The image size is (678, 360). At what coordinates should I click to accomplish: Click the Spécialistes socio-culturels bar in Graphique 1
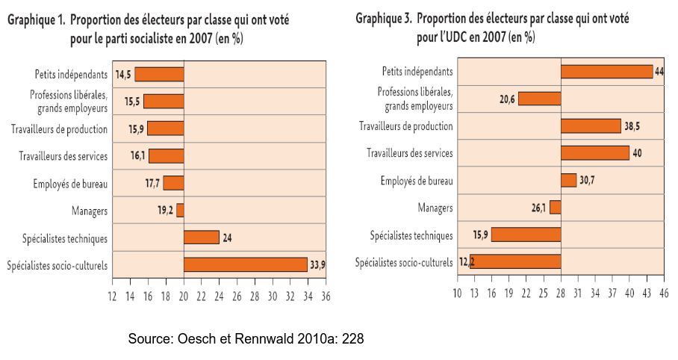[x=245, y=264]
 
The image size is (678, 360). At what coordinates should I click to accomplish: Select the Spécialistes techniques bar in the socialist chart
[x=201, y=238]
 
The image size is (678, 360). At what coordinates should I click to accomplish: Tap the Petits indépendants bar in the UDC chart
[x=606, y=71]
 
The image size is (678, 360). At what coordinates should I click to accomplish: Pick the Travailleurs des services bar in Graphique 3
[x=594, y=153]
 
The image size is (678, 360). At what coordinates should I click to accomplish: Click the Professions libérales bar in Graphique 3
[x=539, y=99]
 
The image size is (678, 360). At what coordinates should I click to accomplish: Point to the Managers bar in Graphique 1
[x=180, y=211]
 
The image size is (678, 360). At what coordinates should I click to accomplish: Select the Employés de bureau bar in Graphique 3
[x=568, y=180]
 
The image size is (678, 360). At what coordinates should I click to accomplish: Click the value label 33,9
[x=317, y=264]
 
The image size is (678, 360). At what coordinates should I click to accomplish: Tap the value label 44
[x=659, y=71]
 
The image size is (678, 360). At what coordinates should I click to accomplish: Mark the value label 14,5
[x=123, y=74]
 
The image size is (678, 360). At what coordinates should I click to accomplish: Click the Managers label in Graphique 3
[x=435, y=208]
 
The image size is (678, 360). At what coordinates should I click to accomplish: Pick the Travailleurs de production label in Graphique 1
[x=60, y=129]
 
